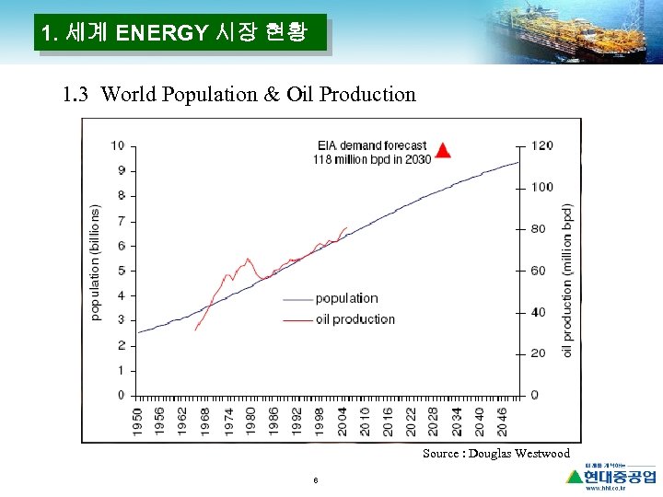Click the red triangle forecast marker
pyautogui.click(x=443, y=151)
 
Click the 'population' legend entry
pyautogui.click(x=346, y=298)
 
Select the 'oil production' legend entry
pyautogui.click(x=355, y=319)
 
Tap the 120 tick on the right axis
pyautogui.click(x=541, y=145)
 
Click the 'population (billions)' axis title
pyautogui.click(x=96, y=262)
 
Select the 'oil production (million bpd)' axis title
pyautogui.click(x=567, y=280)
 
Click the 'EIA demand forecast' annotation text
pyautogui.click(x=372, y=145)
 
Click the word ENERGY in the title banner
pyautogui.click(x=162, y=35)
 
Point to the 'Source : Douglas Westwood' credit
pyautogui.click(x=495, y=454)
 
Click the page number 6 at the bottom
pyautogui.click(x=316, y=480)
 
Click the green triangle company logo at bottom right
pyautogui.click(x=576, y=476)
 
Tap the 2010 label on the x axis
pyautogui.click(x=366, y=421)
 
